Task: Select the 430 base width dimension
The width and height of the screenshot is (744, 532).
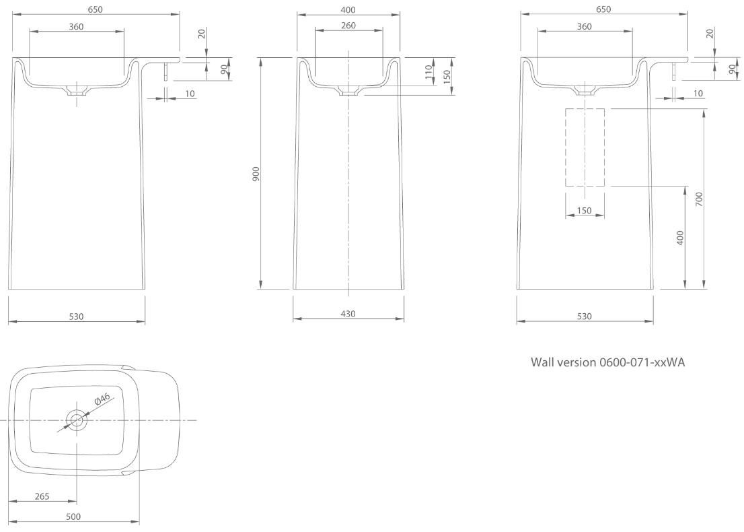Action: pyautogui.click(x=348, y=313)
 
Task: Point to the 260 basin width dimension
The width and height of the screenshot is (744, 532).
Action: pyautogui.click(x=348, y=25)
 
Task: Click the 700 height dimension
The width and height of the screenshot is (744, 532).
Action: pyautogui.click(x=699, y=199)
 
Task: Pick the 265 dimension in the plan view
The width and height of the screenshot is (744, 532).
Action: pyautogui.click(x=42, y=496)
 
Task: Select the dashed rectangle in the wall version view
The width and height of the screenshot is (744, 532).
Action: pyautogui.click(x=585, y=147)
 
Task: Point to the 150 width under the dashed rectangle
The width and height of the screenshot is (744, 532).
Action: pyautogui.click(x=585, y=211)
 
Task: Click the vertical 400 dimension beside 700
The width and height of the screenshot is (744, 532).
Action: pyautogui.click(x=681, y=237)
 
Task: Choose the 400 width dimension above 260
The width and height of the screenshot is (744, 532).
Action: pyautogui.click(x=348, y=9)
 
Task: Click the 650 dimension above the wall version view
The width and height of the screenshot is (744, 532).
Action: pyautogui.click(x=603, y=9)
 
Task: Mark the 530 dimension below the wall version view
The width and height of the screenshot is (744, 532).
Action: pyautogui.click(x=584, y=317)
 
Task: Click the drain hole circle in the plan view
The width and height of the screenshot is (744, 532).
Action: pyautogui.click(x=77, y=421)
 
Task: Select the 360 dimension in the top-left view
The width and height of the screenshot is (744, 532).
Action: pyautogui.click(x=77, y=26)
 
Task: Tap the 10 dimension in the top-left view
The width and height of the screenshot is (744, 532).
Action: pyautogui.click(x=190, y=94)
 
